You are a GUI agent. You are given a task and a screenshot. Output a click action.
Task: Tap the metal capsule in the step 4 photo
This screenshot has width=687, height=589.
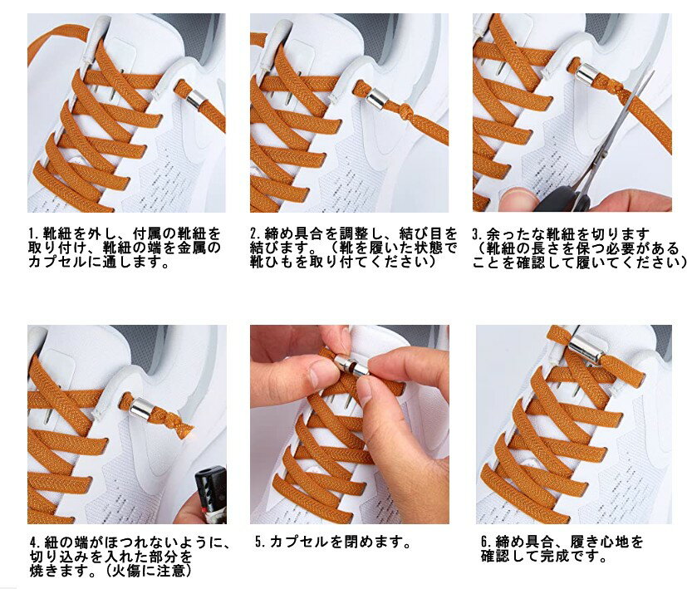142,407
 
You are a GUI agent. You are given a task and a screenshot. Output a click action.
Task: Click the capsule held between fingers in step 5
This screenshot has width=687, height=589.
352,365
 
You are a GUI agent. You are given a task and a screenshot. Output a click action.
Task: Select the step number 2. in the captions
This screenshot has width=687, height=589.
256,233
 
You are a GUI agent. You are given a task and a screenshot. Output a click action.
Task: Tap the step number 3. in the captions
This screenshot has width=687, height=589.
478,233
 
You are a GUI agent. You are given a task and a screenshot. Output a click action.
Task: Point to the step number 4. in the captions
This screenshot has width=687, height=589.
36,542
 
